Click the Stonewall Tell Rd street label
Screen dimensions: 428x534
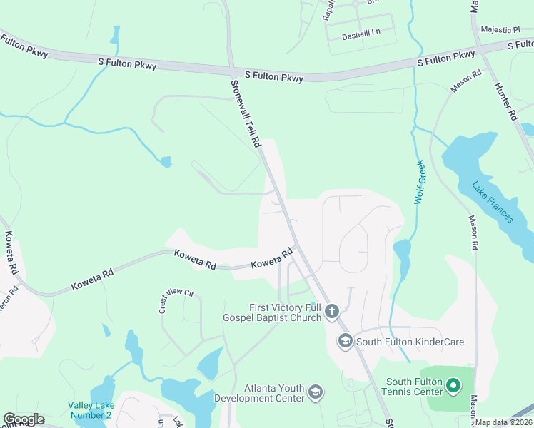coord(245,113)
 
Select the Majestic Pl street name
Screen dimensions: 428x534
coord(500,30)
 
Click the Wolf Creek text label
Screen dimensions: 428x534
coord(420,183)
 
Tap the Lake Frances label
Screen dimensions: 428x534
coord(493,202)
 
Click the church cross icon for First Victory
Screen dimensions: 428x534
coord(331,311)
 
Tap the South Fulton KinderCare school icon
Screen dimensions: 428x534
coord(346,342)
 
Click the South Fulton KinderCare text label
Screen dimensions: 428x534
coord(410,342)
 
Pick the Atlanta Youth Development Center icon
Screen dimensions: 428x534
coord(315,392)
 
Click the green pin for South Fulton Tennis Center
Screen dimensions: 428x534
coord(453,387)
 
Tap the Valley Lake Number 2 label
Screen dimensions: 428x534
coord(90,409)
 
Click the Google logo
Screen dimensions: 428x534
coord(23,419)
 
